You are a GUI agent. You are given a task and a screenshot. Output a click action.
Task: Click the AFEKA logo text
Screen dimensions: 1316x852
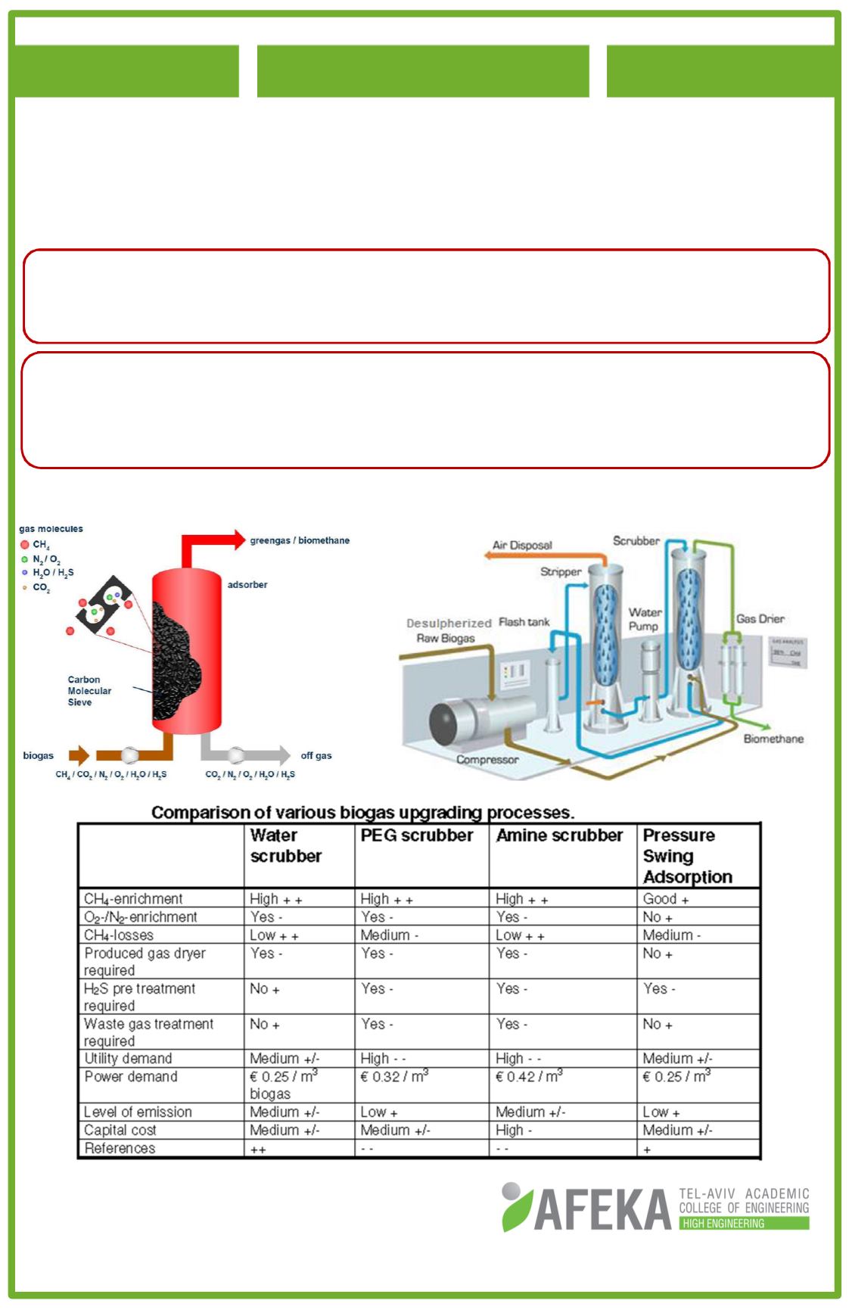coord(602,1209)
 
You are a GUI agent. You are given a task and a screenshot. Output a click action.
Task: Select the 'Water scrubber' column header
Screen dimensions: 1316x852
coord(285,845)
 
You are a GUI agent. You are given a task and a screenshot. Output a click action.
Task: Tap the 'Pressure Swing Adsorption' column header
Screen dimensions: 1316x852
coord(687,856)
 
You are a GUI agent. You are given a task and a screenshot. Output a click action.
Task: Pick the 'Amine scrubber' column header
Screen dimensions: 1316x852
coord(559,835)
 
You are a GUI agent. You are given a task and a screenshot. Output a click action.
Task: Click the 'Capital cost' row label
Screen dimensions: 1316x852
coord(120,1130)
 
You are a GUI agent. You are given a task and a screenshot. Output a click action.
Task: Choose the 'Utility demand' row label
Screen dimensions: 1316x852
coord(128,1058)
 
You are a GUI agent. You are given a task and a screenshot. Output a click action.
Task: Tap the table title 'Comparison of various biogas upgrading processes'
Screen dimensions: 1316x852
coord(362,813)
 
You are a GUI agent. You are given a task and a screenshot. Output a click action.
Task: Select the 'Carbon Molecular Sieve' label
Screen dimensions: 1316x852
coord(89,691)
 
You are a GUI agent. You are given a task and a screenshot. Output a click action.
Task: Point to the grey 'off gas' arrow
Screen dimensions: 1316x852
coord(250,754)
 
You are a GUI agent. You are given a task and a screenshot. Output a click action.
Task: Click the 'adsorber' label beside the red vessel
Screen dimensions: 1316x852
coord(247,585)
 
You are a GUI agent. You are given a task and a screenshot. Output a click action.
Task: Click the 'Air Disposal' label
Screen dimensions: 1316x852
coord(522,545)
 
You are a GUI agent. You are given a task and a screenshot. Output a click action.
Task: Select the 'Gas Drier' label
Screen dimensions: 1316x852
coord(760,619)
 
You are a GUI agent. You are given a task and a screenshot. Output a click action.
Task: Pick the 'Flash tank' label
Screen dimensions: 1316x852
coord(524,622)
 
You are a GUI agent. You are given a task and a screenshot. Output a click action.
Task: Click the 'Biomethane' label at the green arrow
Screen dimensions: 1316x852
coord(773,739)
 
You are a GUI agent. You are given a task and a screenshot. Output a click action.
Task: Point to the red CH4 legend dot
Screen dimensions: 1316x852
coord(25,545)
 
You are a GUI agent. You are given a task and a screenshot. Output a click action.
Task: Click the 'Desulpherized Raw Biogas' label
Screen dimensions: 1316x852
coord(448,630)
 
